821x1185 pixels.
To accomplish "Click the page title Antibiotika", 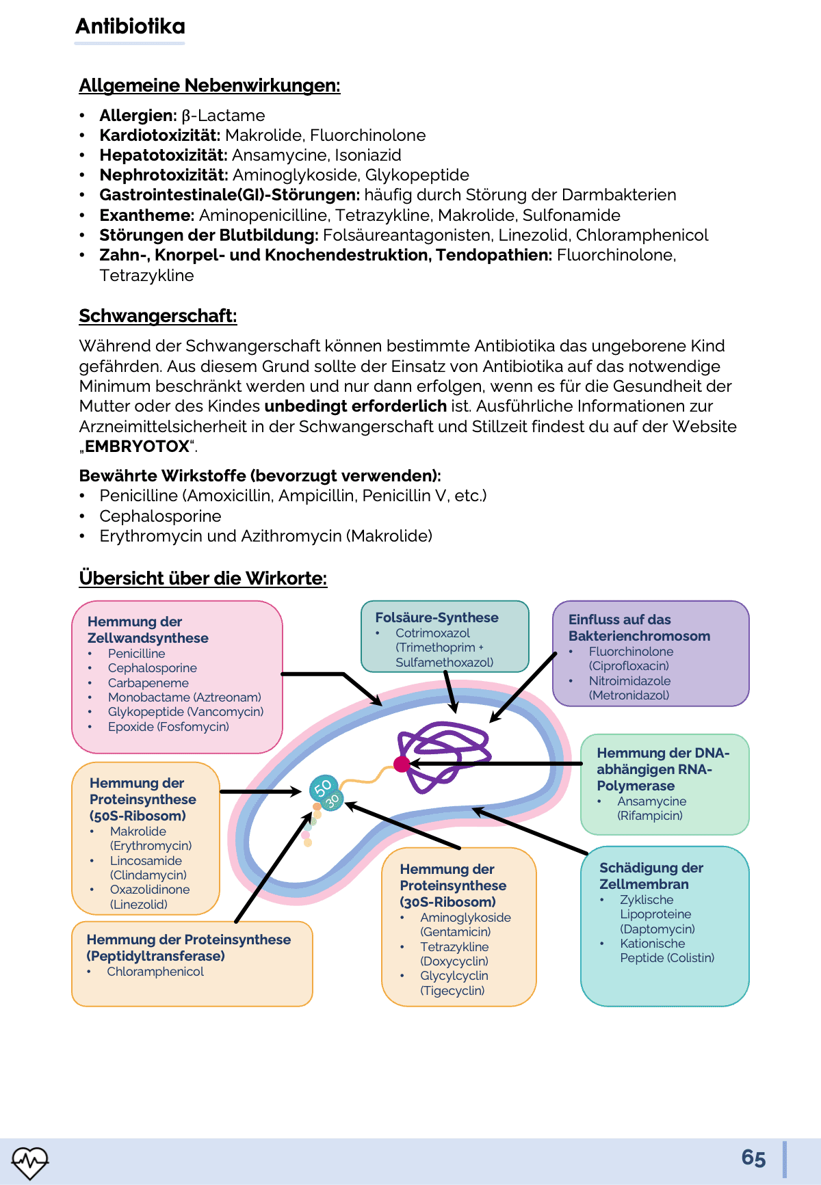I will (x=130, y=27).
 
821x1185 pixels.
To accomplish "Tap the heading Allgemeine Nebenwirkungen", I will (x=209, y=85).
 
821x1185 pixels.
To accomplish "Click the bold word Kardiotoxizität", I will (x=159, y=135).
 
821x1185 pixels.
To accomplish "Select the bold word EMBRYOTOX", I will (x=137, y=447).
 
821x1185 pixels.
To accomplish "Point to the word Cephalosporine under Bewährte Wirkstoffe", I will (x=160, y=516).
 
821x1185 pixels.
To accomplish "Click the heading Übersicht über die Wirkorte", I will (x=203, y=578).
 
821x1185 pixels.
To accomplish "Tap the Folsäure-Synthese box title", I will (x=436, y=617).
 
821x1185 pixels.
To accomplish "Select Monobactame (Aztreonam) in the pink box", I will (x=184, y=697).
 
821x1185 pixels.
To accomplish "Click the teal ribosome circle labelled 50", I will (x=322, y=787).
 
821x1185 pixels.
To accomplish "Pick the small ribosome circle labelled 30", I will (x=333, y=799).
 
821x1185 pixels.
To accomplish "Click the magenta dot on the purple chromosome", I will (x=402, y=764).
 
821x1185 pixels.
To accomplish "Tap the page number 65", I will (x=753, y=1158).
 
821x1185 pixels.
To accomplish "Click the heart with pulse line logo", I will (x=29, y=1162).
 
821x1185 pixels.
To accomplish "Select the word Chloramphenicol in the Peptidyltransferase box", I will (x=155, y=972).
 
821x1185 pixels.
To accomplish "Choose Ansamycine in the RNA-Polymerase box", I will (x=651, y=801).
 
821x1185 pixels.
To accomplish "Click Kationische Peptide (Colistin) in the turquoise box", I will (x=666, y=950).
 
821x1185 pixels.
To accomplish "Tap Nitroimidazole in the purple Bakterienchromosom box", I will (x=629, y=681).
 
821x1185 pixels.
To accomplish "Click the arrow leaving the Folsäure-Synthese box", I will (x=449, y=691).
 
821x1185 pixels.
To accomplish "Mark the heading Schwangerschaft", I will (x=157, y=316).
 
